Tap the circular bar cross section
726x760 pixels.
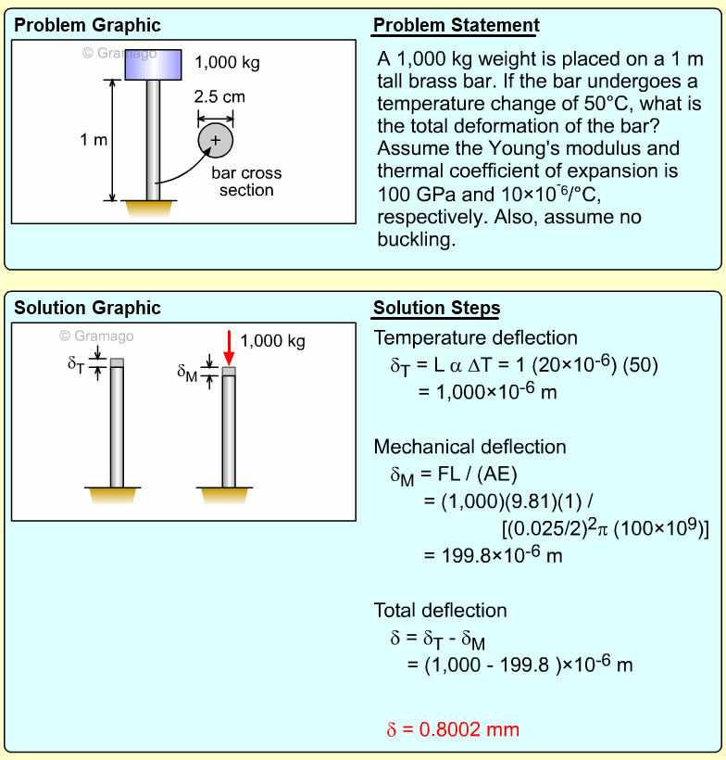215,140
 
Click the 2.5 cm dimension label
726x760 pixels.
219,96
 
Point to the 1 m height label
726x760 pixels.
94,140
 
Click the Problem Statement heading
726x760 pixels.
456,26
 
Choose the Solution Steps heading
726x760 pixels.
436,309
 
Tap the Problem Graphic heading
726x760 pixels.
87,26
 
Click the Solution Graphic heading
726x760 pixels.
88,309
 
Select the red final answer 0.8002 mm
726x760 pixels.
453,729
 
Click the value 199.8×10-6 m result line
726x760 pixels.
493,556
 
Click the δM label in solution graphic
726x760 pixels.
188,373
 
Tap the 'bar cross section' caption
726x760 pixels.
246,182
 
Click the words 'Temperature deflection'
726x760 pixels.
475,338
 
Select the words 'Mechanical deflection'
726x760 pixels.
469,447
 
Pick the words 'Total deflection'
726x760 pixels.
440,611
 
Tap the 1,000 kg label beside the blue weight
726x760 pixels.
227,63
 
